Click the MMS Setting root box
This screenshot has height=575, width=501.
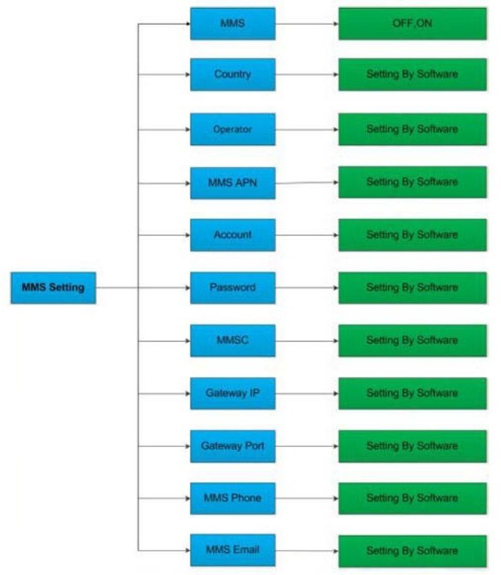[53, 288]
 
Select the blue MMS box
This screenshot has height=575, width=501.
[232, 24]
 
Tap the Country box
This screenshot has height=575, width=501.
[232, 74]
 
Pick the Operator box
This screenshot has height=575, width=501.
[232, 130]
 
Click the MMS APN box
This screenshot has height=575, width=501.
[232, 183]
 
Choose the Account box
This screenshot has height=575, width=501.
[232, 235]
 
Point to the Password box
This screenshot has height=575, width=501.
[232, 288]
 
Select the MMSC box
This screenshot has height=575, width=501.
[232, 341]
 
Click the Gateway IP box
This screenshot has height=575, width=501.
[232, 393]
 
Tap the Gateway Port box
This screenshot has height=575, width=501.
[232, 446]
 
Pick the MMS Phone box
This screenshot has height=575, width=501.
[232, 498]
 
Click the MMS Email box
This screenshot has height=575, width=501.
[232, 550]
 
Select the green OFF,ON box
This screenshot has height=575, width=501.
[413, 24]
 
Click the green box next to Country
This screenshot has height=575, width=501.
[413, 74]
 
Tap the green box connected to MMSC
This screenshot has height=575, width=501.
[413, 341]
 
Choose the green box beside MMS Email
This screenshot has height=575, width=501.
[413, 551]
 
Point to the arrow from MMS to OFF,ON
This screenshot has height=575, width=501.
[307, 24]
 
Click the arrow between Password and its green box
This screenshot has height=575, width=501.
[307, 288]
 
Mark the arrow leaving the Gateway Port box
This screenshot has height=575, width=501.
[307, 446]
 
